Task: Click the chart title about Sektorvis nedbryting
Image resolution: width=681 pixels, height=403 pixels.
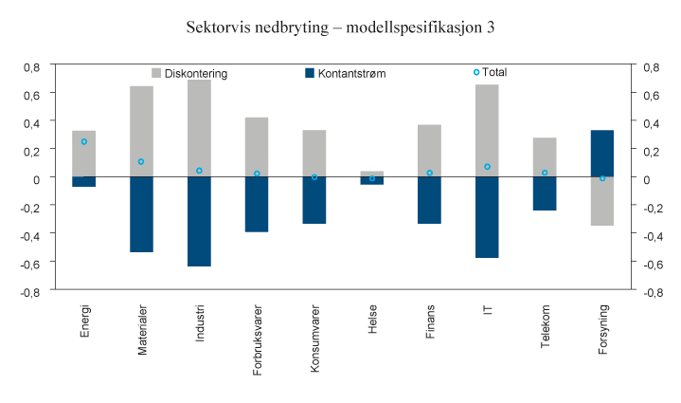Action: (340, 27)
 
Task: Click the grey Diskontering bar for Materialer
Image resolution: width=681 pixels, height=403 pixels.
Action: (141, 131)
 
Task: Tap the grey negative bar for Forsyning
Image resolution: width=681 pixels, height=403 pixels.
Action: (602, 201)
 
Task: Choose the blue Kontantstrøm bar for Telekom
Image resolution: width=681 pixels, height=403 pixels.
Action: (545, 193)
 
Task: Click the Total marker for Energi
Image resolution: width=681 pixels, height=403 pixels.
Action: (84, 141)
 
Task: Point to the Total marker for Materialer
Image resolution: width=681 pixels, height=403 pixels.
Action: (141, 161)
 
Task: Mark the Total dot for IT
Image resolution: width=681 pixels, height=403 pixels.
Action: (487, 167)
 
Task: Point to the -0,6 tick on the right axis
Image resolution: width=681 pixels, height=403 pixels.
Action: (652, 265)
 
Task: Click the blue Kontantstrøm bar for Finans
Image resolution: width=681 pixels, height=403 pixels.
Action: (429, 200)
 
